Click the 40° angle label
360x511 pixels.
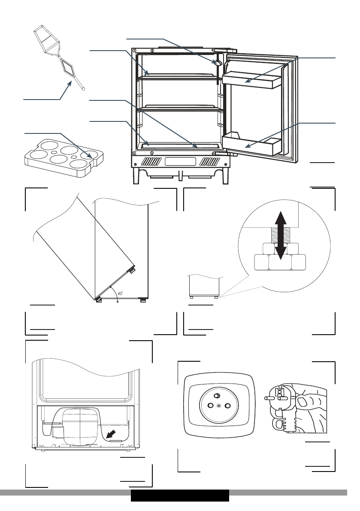pos(120,293)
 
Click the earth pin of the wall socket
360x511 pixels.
pos(217,396)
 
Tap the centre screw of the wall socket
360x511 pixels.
pos(219,405)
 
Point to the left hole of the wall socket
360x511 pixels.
pos(209,405)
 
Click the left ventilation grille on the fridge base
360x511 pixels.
pos(151,163)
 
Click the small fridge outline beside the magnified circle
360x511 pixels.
pos(205,286)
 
